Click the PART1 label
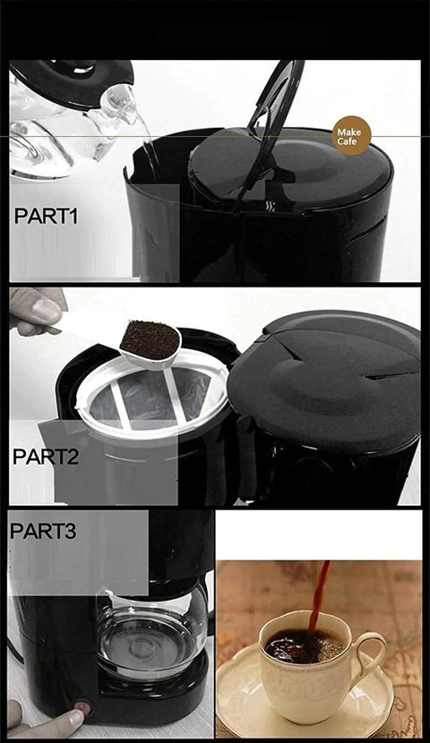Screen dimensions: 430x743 (46, 216)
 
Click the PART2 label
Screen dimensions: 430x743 (46, 457)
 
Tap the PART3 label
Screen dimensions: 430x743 (43, 531)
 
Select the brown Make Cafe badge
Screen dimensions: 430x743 (351, 135)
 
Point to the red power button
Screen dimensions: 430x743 (82, 709)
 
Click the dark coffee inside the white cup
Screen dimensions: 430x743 (305, 645)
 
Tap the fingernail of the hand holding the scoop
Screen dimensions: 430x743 (46, 312)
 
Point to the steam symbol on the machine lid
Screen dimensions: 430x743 (270, 206)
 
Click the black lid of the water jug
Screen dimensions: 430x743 (71, 83)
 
